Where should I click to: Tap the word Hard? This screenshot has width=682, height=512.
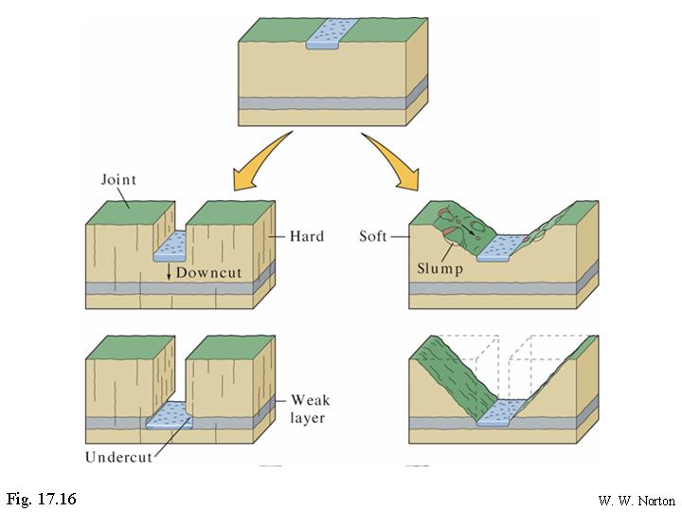tap(307, 236)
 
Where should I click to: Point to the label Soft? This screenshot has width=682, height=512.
tap(371, 236)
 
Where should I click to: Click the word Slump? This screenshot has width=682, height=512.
tap(439, 268)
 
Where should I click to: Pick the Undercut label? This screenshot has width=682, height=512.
tap(118, 456)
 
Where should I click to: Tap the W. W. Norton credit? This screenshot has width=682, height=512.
tap(637, 500)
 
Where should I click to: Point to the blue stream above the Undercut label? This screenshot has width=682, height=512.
tap(169, 414)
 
